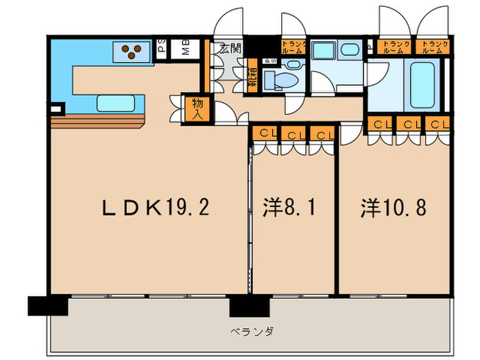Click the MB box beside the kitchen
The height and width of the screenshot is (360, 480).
click(x=185, y=48)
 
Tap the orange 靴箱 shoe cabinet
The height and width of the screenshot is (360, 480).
click(x=253, y=75)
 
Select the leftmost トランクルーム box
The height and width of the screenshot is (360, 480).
click(x=293, y=47)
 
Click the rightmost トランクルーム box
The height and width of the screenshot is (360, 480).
click(x=436, y=47)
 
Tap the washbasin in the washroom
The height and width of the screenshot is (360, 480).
click(x=349, y=49)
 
